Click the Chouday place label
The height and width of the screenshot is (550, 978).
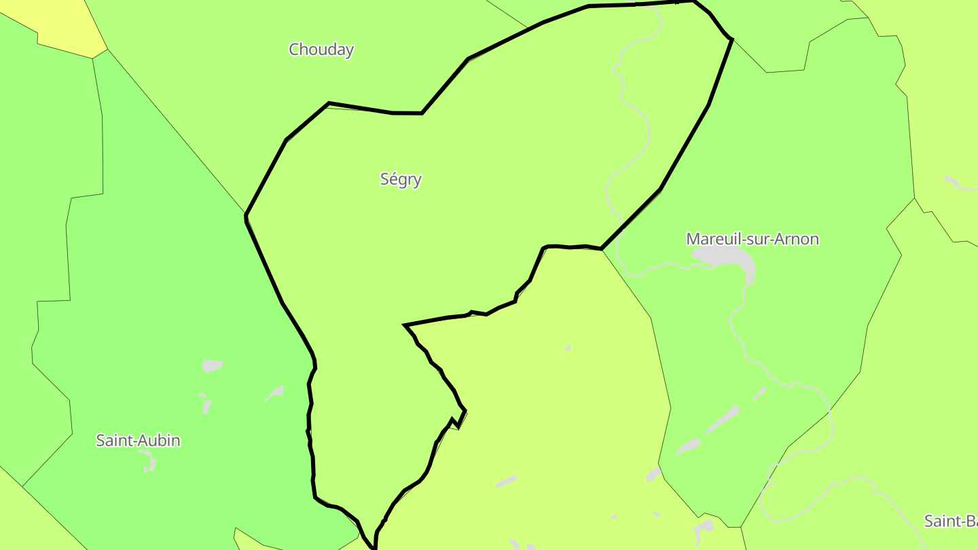[321, 50]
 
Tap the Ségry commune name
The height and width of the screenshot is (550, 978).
[401, 179]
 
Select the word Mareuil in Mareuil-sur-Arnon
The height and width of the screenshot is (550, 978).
[710, 239]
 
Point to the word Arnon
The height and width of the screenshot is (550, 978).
[799, 239]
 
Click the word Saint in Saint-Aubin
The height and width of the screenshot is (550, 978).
[115, 441]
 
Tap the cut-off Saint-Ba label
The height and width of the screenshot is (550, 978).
[951, 521]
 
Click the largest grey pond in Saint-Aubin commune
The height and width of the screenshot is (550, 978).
[212, 367]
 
